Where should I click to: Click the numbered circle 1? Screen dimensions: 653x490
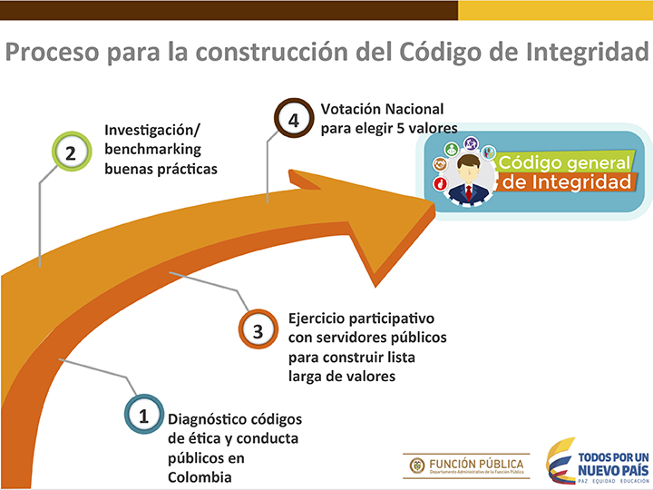[143, 415]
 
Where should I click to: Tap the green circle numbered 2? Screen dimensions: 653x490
[72, 152]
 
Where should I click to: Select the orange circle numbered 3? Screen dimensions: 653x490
[258, 329]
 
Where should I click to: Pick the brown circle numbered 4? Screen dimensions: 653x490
[294, 118]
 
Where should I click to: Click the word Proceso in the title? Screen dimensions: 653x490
[53, 53]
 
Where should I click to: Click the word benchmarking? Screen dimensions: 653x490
[153, 149]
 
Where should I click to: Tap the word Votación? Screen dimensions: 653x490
[350, 109]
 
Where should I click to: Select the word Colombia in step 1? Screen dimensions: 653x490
[200, 477]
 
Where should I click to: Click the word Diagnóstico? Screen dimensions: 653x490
[201, 419]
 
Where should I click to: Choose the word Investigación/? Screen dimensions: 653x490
[152, 130]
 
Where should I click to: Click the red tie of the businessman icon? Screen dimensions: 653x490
[469, 193]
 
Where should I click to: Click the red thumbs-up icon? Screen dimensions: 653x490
[440, 183]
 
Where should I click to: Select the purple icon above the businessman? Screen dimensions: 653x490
[471, 143]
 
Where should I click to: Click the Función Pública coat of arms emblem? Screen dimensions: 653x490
[417, 465]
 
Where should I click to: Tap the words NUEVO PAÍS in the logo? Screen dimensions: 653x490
[613, 471]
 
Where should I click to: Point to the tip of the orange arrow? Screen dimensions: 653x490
[434, 208]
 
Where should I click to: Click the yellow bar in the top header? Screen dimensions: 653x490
[556, 10]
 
